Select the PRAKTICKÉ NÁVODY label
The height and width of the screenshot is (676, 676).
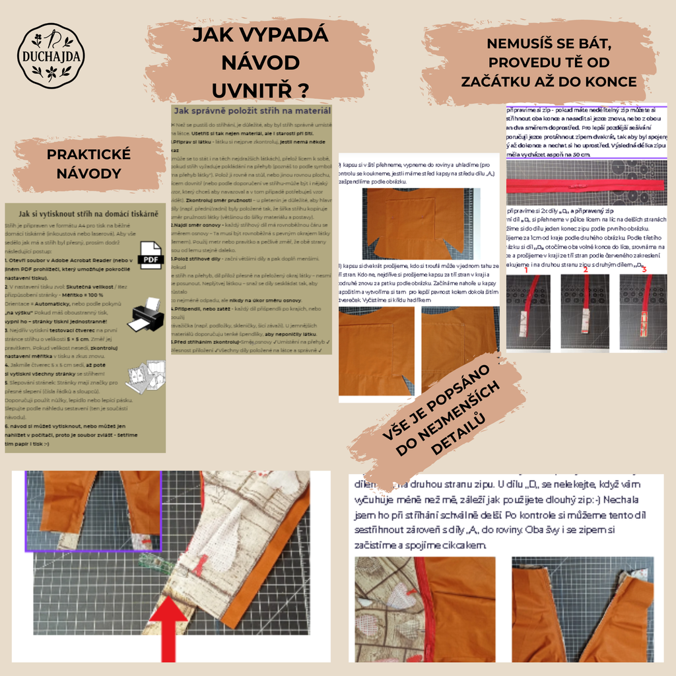tap(88, 164)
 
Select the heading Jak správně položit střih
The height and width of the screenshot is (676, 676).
tap(252, 111)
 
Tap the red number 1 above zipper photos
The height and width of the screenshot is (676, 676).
tap(525, 269)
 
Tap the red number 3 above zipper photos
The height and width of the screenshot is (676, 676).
tap(644, 269)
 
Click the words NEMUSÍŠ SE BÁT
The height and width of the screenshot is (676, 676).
tap(549, 44)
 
